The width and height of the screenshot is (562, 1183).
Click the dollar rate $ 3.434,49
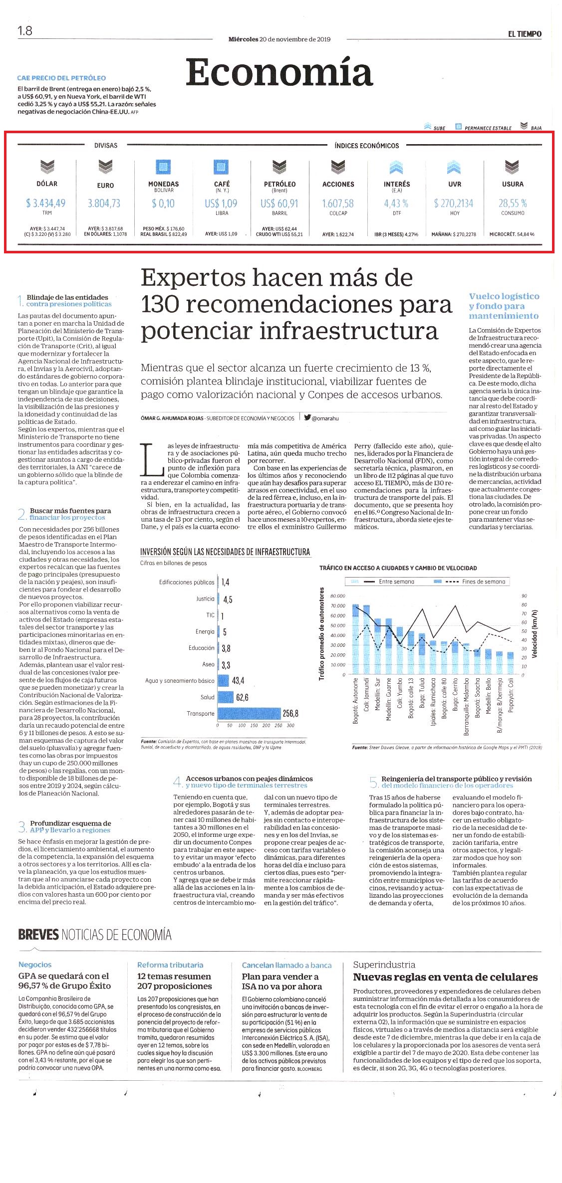point(46,203)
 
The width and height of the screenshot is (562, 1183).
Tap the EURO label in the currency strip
point(105,186)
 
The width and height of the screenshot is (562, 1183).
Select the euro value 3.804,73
point(104,203)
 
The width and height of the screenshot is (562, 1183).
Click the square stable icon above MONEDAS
point(163,167)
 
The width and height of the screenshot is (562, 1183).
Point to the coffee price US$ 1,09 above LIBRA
point(221,203)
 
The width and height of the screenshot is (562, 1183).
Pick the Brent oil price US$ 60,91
point(280,203)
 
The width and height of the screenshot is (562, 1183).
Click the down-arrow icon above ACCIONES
point(338,166)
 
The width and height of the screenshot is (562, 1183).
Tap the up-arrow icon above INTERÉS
point(396,166)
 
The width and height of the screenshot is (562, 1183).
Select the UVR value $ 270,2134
point(454,203)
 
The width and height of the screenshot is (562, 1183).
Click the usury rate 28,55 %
point(513,203)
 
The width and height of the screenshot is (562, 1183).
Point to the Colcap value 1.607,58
point(338,203)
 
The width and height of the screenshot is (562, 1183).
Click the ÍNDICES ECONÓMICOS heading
point(367,146)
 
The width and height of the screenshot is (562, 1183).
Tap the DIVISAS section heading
point(106,146)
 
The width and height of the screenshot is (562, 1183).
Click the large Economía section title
point(280,73)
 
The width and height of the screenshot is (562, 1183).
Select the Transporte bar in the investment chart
point(249,714)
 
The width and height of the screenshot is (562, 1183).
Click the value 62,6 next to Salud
point(243,697)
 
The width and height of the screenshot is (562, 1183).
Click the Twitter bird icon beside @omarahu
point(307,418)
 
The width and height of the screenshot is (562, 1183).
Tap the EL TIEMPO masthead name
point(525,34)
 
